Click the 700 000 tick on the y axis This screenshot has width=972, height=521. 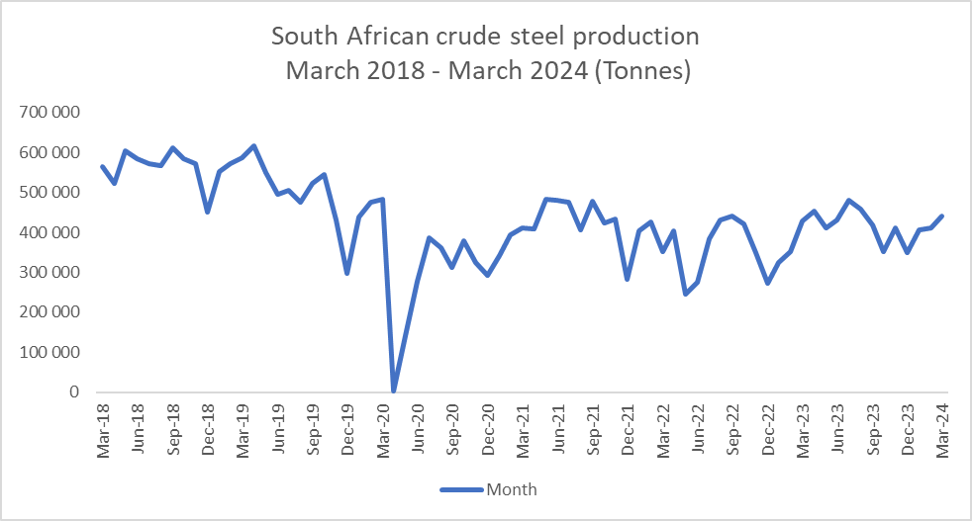point(47,113)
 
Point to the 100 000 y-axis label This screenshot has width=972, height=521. point(47,352)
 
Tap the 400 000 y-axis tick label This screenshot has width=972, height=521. point(47,232)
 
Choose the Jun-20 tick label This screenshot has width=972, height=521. point(419,427)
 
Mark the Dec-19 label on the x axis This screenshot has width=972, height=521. point(349,427)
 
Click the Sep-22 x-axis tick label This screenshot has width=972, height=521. point(731,427)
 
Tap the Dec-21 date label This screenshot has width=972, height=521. point(628,427)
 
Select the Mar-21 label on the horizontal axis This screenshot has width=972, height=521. point(523,427)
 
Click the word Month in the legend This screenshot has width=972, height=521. point(511,488)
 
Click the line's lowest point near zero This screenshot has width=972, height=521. point(394,391)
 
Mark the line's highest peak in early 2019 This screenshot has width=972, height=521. point(254,146)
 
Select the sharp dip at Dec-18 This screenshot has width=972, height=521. point(207,212)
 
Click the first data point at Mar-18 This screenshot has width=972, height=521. point(103,166)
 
